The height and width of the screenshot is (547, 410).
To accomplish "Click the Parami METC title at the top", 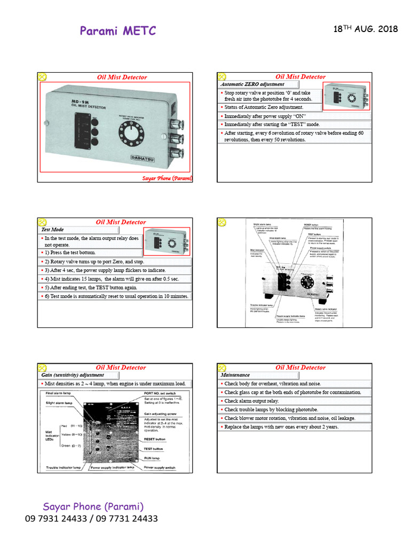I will click(118, 31).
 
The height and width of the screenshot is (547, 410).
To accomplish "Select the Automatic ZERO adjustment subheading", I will click(253, 84).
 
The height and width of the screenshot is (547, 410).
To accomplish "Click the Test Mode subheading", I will click(52, 230).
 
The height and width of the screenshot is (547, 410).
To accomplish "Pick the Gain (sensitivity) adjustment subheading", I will click(73, 375).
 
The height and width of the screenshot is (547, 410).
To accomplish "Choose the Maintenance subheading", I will click(235, 375).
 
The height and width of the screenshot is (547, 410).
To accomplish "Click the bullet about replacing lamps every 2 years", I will click(281, 427).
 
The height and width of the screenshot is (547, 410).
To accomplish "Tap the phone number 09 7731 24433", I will click(127, 519).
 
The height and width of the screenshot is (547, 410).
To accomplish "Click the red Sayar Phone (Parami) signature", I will click(167, 178).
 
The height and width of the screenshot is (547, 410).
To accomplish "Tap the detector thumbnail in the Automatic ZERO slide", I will click(346, 97).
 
